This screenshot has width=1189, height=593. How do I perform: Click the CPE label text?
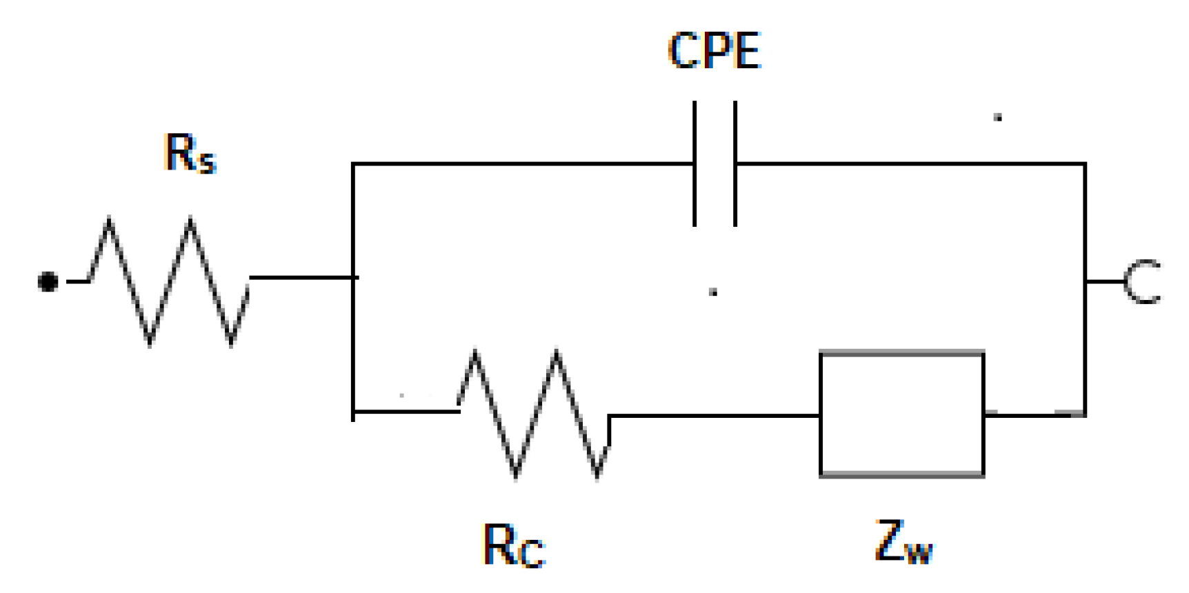(x=715, y=50)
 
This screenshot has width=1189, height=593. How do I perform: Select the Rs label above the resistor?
(x=190, y=153)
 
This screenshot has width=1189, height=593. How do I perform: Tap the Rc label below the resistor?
(x=513, y=546)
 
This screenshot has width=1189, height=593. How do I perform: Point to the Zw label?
(x=903, y=543)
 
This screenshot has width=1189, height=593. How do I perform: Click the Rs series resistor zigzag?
(x=170, y=281)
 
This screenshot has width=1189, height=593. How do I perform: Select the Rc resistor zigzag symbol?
(x=535, y=414)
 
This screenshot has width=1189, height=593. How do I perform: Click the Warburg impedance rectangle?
(x=901, y=414)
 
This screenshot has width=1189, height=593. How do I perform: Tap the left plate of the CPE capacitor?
(x=695, y=163)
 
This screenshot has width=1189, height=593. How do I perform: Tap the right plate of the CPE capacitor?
(x=735, y=163)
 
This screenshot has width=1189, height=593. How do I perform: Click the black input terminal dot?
(x=48, y=282)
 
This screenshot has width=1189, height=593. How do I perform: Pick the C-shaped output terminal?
(x=1142, y=281)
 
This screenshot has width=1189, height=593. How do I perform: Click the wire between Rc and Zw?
(x=715, y=416)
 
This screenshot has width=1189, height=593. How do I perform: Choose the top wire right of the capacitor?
(x=910, y=164)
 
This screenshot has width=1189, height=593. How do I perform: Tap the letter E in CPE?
(x=747, y=50)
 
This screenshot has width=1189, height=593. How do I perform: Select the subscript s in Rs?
(x=208, y=162)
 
